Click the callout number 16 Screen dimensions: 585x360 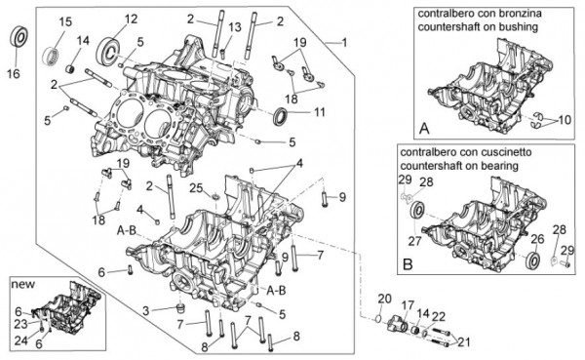pos(14,73)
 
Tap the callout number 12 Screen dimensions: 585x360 pos(131,19)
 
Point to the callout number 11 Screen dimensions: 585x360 pos(320,111)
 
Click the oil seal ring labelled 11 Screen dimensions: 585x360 pos(281,116)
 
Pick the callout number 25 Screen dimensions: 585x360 pos(196,188)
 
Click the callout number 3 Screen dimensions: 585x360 pos(146,310)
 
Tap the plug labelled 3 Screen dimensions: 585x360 pos(181,308)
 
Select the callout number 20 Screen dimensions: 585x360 pos(385,300)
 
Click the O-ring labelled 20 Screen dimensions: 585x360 pos(378,319)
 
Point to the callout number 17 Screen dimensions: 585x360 pos(408,305)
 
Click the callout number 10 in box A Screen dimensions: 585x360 pos(565,120)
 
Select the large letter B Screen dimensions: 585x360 pos(409,264)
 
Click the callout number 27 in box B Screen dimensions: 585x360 pos(414,241)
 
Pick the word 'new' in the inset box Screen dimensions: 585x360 pos(22,284)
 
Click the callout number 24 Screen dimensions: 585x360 pos(21,340)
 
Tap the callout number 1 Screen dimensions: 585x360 pos(344,43)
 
